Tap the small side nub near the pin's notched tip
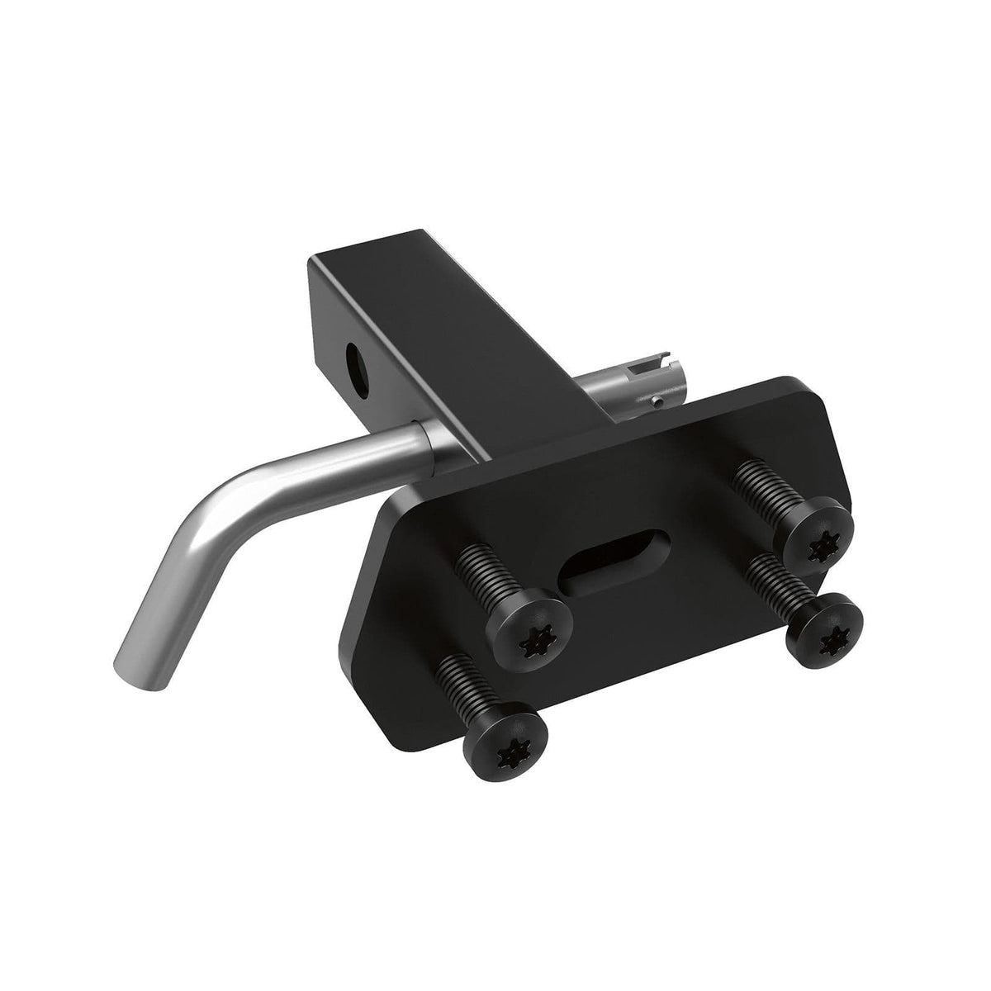(x=655, y=401)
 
